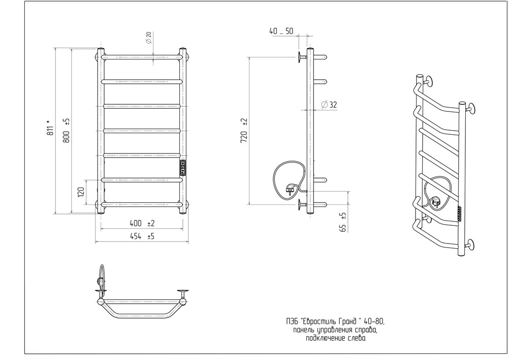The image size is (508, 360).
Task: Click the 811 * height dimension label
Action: [x=50, y=128]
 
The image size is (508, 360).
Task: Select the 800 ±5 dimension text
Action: [x=66, y=131]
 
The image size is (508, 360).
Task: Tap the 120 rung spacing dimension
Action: [x=81, y=192]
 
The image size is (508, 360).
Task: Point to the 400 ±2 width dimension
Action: [x=142, y=223]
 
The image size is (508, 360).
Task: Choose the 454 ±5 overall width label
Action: [x=142, y=236]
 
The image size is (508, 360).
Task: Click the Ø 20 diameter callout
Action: [x=149, y=38]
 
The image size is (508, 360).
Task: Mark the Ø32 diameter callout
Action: [x=329, y=105]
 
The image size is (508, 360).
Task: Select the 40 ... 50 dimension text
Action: [x=281, y=31]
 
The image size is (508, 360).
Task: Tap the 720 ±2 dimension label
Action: [x=244, y=131]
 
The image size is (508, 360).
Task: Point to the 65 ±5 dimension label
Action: [x=343, y=222]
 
